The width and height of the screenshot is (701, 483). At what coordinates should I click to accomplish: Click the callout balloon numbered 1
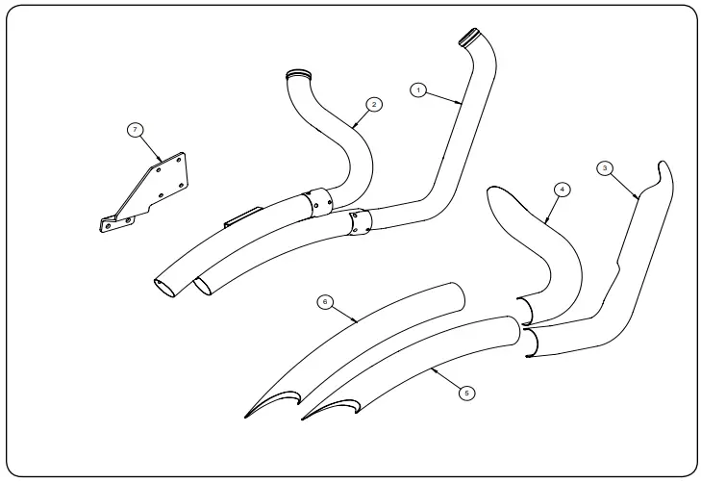click(x=417, y=89)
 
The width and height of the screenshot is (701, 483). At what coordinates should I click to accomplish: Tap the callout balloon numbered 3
click(x=604, y=167)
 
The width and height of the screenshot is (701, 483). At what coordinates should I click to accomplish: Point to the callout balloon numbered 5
click(x=466, y=393)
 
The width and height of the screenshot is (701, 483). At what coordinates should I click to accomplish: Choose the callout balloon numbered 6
click(x=325, y=301)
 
